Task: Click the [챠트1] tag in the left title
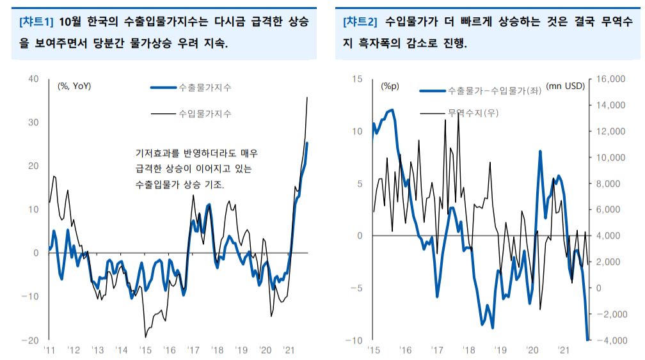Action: (36, 22)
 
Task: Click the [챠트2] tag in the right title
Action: (360, 22)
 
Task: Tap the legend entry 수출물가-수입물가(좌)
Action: (494, 91)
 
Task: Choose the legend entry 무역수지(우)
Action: (473, 113)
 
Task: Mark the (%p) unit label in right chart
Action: (389, 86)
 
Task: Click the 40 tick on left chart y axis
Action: (33, 79)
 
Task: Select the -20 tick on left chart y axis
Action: (30, 340)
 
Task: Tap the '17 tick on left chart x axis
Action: (193, 350)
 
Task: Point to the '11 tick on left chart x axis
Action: (49, 350)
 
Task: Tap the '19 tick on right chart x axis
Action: (499, 350)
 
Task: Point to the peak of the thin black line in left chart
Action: (308, 97)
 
